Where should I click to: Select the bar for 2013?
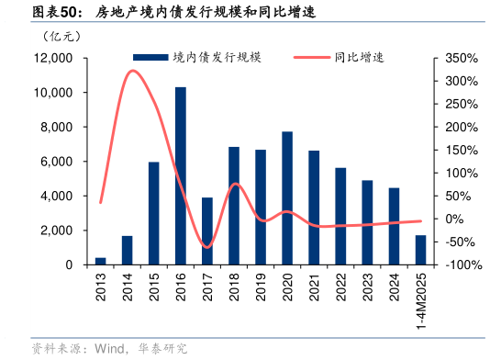pyautogui.click(x=101, y=261)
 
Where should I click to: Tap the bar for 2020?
pyautogui.click(x=287, y=198)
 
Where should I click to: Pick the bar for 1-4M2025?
pyautogui.click(x=420, y=250)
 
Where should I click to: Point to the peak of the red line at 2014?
pyautogui.click(x=133, y=71)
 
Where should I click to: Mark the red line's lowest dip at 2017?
pyautogui.click(x=207, y=247)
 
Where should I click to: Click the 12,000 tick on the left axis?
pyautogui.click(x=52, y=58)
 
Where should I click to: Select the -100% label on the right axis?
pyautogui.click(x=458, y=264)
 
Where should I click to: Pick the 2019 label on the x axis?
pyautogui.click(x=261, y=286)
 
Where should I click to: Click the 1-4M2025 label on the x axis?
pyautogui.click(x=421, y=301)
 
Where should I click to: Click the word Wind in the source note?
pyautogui.click(x=106, y=348)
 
